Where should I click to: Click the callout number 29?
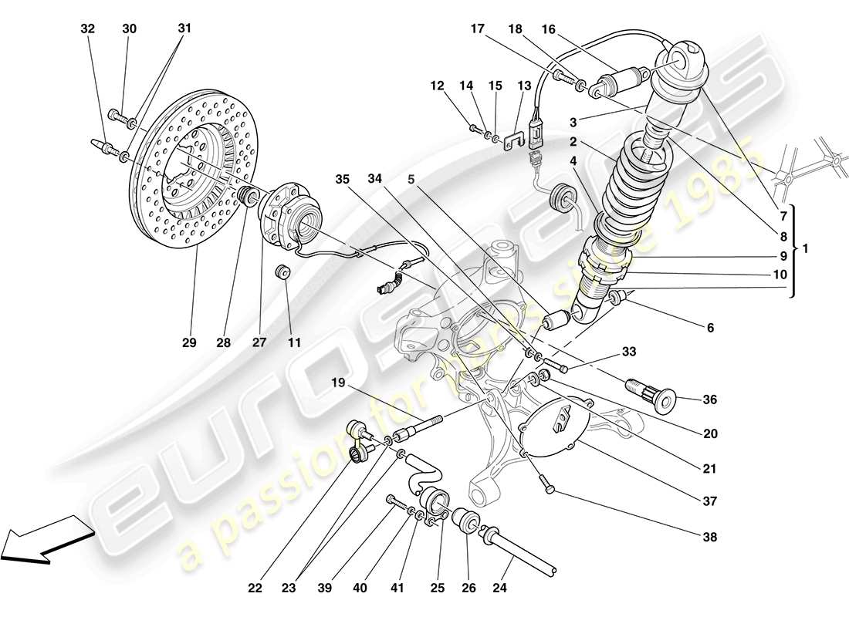pos(190,342)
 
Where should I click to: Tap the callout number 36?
pos(710,400)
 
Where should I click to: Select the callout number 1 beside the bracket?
pos(806,249)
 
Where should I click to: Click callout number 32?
pos(88,29)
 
